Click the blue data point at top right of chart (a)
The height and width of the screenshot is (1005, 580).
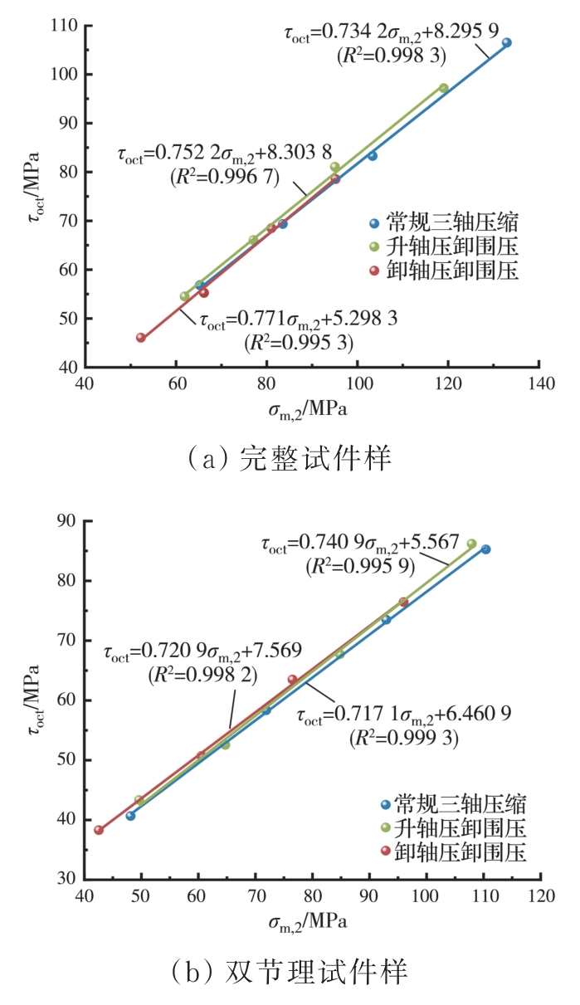[x=506, y=42]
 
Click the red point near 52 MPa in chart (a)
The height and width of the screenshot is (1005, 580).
[x=141, y=338]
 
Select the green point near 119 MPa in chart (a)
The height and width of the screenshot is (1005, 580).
[x=444, y=88]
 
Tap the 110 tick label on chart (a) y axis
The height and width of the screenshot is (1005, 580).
[x=64, y=26]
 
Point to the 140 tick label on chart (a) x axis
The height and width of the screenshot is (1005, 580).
[x=539, y=385]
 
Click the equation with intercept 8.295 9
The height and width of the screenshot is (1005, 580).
[x=391, y=34]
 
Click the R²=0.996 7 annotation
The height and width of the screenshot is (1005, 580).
[x=224, y=176]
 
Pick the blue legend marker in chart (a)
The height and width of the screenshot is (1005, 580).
[x=374, y=223]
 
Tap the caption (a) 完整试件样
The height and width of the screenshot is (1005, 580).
[x=290, y=457]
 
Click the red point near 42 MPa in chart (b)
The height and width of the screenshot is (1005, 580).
[x=99, y=830]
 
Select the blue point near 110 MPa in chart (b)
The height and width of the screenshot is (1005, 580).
[x=485, y=549]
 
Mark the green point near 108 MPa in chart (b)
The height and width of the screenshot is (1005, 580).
[x=471, y=544]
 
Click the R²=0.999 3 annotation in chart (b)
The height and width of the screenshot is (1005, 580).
[x=404, y=735]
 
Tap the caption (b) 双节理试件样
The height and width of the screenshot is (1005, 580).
[x=290, y=968]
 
